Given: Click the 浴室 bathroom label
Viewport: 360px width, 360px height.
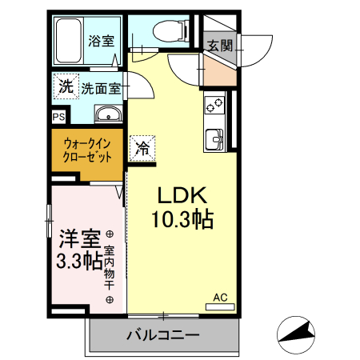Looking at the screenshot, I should (x=100, y=39).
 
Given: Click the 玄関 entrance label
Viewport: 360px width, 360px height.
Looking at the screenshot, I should (x=220, y=45).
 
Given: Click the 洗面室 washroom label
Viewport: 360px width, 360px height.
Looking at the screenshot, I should (x=99, y=87).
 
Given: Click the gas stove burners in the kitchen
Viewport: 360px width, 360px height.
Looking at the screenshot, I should (x=215, y=105).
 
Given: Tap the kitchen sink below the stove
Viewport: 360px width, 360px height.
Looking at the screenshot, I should (x=214, y=138).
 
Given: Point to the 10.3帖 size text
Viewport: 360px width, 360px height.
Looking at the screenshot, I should (x=182, y=218).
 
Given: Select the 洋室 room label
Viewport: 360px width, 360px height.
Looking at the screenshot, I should (x=79, y=238).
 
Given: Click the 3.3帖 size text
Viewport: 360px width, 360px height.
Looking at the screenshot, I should (x=78, y=260).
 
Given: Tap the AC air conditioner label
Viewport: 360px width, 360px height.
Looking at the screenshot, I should (x=220, y=298).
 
